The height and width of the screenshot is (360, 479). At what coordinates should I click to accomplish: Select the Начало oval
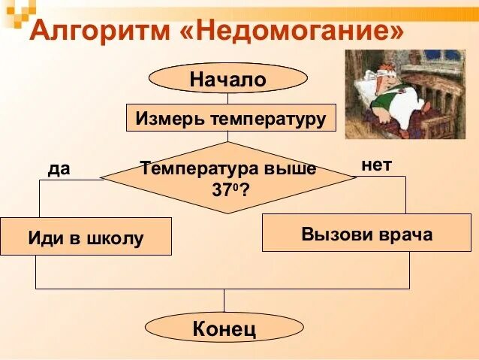coord(228,78)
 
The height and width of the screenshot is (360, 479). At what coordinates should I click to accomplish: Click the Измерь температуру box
coord(230,118)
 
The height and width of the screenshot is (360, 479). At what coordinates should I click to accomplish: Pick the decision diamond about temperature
coord(228,177)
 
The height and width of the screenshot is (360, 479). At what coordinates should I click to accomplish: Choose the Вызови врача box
coord(366,233)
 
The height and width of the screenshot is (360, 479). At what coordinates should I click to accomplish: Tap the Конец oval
coord(224,328)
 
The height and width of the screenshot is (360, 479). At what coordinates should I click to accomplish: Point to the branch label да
coord(59,168)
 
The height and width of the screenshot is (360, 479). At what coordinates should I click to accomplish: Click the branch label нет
coord(376,165)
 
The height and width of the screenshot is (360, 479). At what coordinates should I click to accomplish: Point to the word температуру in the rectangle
coord(268,118)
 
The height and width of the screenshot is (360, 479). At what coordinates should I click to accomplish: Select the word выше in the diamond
coord(291,169)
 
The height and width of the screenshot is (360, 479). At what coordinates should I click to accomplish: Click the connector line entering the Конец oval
coord(224,301)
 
